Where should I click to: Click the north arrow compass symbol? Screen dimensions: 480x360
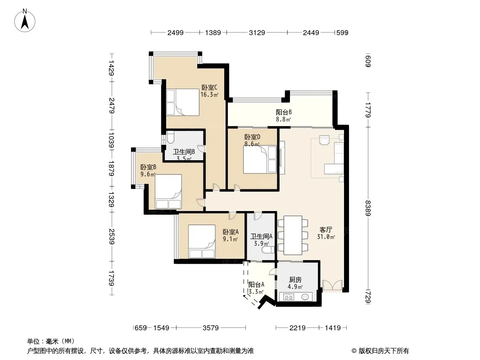(x=25, y=20)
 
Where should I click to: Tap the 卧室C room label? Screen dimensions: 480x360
(x=209, y=87)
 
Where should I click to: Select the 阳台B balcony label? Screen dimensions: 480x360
(x=284, y=112)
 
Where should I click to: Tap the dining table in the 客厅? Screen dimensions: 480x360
(x=293, y=235)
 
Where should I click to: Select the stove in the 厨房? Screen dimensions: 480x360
(x=288, y=297)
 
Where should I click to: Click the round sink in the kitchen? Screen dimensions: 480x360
(x=305, y=297)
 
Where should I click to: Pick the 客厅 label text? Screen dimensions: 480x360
(x=326, y=229)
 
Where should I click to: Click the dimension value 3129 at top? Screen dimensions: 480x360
(x=257, y=32)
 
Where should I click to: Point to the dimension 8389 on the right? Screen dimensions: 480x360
(x=368, y=208)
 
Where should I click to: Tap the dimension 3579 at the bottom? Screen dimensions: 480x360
(x=211, y=328)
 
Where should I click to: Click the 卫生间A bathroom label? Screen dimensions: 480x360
(x=261, y=236)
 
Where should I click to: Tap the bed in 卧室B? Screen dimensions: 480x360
(x=168, y=191)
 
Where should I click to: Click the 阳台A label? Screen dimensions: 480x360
(x=256, y=284)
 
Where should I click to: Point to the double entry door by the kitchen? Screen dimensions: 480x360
(x=332, y=285)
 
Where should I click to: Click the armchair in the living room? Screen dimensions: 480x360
(x=324, y=139)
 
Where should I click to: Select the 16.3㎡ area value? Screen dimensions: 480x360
(x=209, y=94)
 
